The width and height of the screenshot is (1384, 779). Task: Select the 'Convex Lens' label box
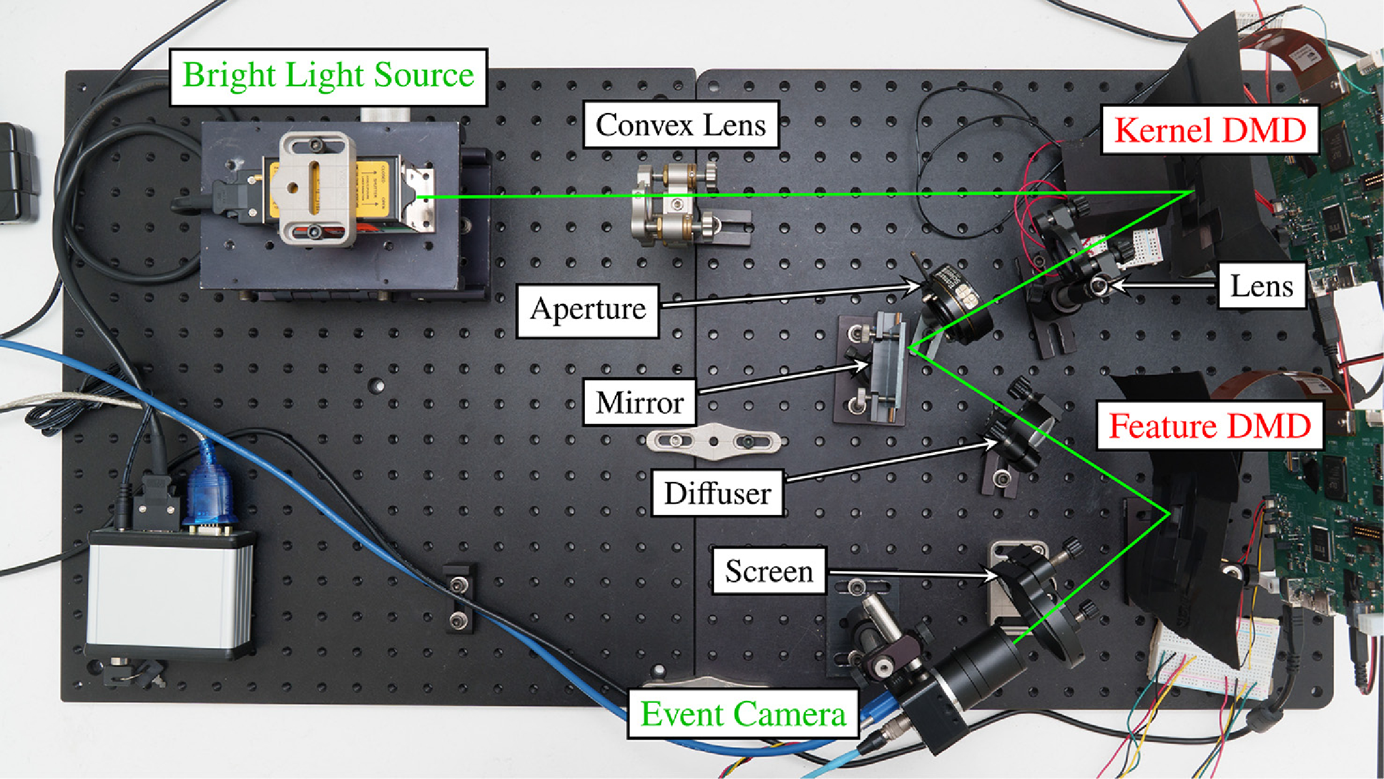[680, 125]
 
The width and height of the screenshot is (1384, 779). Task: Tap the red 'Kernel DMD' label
[1210, 130]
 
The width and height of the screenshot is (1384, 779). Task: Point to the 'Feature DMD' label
[1209, 426]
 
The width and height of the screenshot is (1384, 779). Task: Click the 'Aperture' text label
[588, 310]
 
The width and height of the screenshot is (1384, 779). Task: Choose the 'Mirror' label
[639, 403]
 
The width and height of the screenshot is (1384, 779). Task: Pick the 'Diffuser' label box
[717, 493]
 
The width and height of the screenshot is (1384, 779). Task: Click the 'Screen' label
[769, 571]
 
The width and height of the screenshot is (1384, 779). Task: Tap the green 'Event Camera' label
[743, 713]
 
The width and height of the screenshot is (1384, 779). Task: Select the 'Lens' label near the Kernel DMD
[1262, 286]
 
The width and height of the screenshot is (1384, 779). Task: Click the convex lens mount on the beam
[671, 206]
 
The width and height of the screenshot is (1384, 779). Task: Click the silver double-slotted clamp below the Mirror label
[714, 441]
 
